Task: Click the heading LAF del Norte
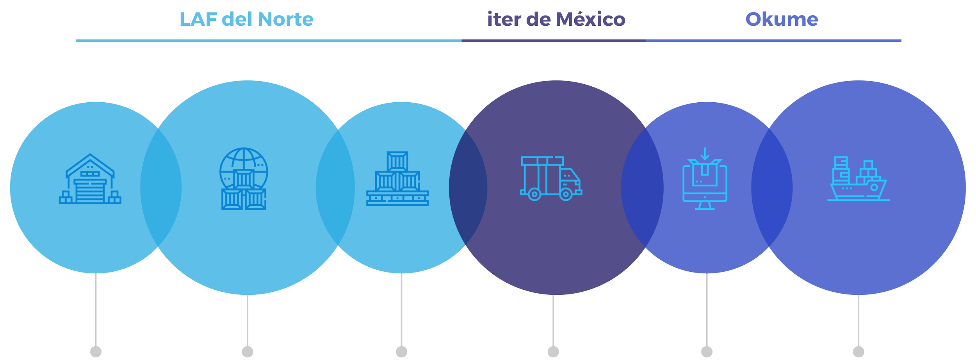pyautogui.click(x=246, y=20)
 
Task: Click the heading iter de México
pyautogui.click(x=556, y=20)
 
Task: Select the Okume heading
pyautogui.click(x=782, y=20)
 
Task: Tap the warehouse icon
pyautogui.click(x=90, y=179)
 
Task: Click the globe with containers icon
pyautogui.click(x=244, y=179)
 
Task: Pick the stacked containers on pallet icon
pyautogui.click(x=397, y=179)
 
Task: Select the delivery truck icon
pyautogui.click(x=551, y=179)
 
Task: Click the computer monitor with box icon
pyautogui.click(x=705, y=179)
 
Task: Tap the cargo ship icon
pyautogui.click(x=858, y=179)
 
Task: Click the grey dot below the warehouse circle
pyautogui.click(x=96, y=352)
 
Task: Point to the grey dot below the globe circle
pyautogui.click(x=248, y=352)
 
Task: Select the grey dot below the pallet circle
pyautogui.click(x=401, y=352)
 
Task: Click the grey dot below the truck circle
pyautogui.click(x=553, y=352)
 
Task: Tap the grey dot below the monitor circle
pyautogui.click(x=707, y=352)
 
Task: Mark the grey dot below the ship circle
pyautogui.click(x=858, y=352)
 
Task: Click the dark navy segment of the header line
pyautogui.click(x=554, y=41)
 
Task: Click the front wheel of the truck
pyautogui.click(x=566, y=194)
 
